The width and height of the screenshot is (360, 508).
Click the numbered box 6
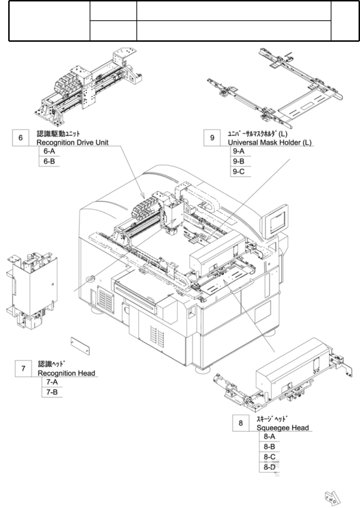point(21,137)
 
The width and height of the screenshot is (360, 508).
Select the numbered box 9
point(212,137)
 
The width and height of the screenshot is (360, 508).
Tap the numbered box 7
point(23,368)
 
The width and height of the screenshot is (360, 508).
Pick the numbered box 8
point(241,423)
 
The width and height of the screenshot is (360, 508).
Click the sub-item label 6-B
point(49,161)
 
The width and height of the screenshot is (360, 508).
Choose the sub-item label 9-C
point(239,172)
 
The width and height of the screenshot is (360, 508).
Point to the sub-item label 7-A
point(52,382)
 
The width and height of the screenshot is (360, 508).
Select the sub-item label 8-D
point(270,467)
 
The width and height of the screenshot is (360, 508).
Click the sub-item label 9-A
point(239,151)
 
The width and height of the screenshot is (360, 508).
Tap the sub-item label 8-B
point(269,447)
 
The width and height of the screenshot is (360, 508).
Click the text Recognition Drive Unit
point(72,142)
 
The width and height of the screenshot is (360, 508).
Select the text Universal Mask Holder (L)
point(270,142)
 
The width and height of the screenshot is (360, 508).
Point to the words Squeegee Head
point(282,428)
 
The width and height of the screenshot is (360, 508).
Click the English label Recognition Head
point(66,373)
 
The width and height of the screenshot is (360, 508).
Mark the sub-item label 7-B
point(52,392)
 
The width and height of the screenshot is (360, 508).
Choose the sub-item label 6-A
point(49,151)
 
